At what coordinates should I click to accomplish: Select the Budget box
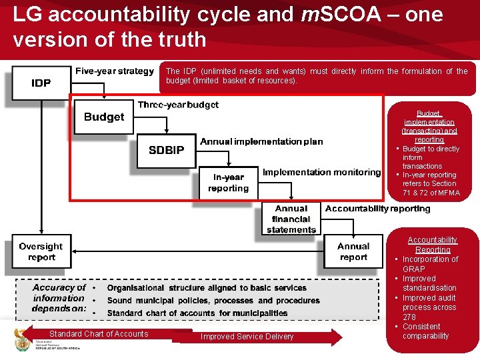click(x=104, y=117)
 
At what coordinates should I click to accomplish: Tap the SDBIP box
click(x=166, y=151)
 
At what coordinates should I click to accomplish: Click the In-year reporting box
click(x=228, y=183)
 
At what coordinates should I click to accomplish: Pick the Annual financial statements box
click(x=291, y=219)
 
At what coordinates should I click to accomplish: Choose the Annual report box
click(x=353, y=252)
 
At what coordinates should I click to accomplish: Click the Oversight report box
click(x=41, y=252)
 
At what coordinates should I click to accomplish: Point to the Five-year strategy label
click(x=115, y=71)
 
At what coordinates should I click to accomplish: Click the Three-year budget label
click(x=178, y=105)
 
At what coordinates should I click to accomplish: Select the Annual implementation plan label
click(x=261, y=141)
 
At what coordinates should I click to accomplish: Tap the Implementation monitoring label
click(x=321, y=172)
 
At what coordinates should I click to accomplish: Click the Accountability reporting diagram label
click(x=378, y=209)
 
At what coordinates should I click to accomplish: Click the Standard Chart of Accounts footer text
click(x=99, y=334)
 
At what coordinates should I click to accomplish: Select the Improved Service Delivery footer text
click(x=247, y=337)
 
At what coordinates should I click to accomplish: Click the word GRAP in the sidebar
click(x=413, y=269)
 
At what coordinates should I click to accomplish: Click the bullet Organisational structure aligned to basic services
click(x=207, y=288)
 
